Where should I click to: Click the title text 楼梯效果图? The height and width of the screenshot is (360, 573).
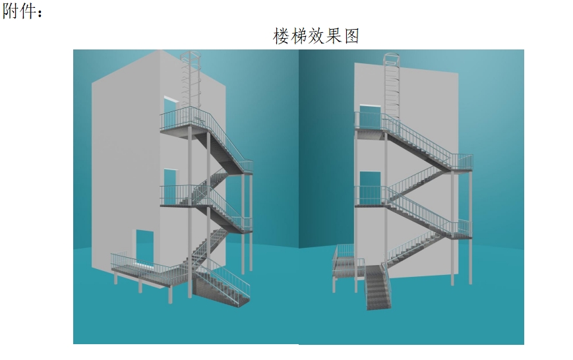pos(316,36)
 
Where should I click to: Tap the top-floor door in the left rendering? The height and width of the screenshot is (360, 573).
pos(170,107)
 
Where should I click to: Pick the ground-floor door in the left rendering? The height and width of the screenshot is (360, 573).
pos(145,247)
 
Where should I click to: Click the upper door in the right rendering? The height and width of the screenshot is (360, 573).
pos(370,117)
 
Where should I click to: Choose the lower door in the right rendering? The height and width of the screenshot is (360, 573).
pos(370,187)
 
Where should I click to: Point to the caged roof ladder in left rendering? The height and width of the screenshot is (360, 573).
pos(191,80)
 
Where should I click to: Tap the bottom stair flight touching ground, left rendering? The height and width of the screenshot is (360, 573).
pos(222,285)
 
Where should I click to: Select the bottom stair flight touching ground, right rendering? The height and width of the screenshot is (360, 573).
pos(378,287)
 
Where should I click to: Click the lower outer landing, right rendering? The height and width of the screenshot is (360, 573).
pos(461,230)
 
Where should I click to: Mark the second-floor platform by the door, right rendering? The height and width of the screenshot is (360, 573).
pos(370,198)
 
